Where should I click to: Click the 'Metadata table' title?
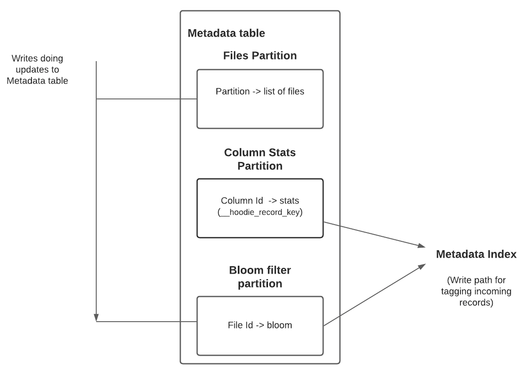click(226, 33)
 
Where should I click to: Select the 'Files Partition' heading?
click(260, 55)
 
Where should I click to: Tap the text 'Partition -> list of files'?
click(260, 91)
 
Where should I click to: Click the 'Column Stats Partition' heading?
click(260, 159)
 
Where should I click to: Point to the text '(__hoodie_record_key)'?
click(260, 212)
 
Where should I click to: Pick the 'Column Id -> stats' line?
click(260, 201)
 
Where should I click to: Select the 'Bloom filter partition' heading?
click(260, 277)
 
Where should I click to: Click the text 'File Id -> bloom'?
click(260, 325)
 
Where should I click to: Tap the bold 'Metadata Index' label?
click(476, 254)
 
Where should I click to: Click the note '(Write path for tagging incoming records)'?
click(476, 291)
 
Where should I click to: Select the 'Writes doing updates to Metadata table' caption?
click(37, 70)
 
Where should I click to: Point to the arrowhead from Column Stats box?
click(422, 245)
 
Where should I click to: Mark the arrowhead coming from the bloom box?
click(422, 266)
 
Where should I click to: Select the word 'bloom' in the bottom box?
click(279, 325)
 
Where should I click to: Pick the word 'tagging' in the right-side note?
click(454, 291)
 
